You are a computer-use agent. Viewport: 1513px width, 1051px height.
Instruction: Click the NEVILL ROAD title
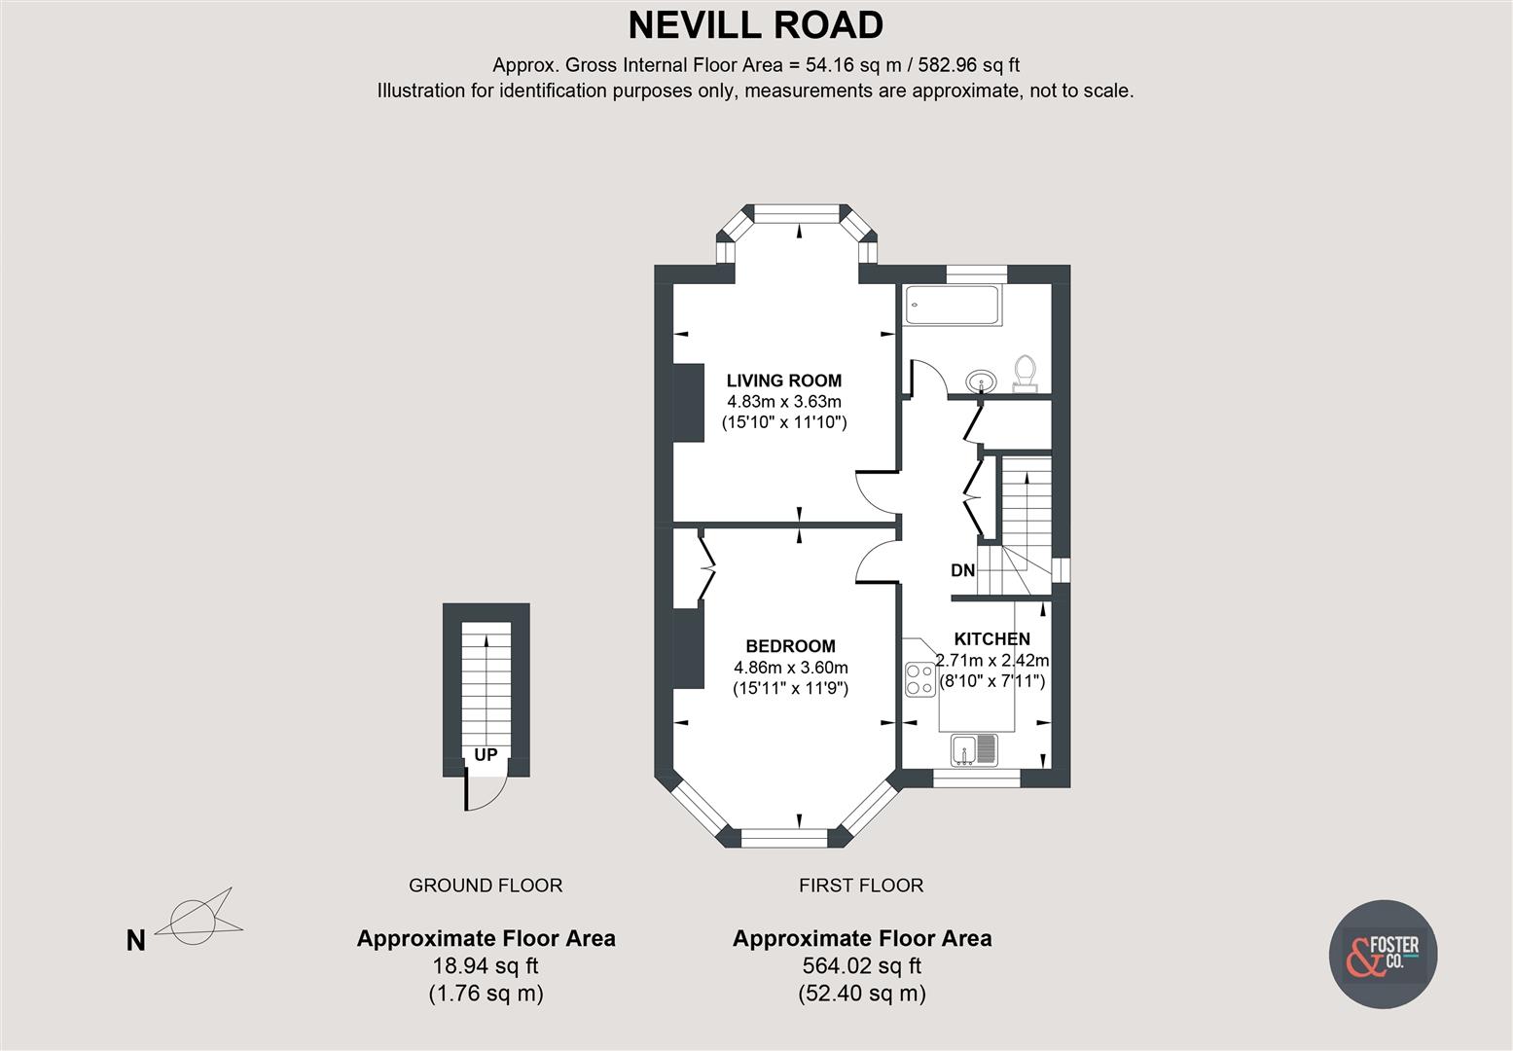click(756, 25)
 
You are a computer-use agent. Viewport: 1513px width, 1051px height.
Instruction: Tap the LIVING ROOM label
click(784, 381)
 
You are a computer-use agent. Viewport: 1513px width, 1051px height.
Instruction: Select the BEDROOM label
click(790, 646)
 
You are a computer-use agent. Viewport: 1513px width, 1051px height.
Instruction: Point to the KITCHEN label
click(992, 639)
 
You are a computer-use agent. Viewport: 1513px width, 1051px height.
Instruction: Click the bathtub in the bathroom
click(953, 306)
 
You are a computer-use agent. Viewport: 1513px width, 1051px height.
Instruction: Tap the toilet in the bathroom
click(1025, 373)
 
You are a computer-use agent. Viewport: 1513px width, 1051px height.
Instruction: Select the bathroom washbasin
click(980, 381)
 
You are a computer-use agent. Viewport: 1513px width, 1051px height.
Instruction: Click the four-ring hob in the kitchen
click(919, 679)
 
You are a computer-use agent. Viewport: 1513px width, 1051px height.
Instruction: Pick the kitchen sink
click(974, 749)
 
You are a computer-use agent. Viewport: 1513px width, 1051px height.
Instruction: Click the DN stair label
click(962, 571)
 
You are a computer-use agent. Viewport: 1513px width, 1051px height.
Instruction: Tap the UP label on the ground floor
click(486, 754)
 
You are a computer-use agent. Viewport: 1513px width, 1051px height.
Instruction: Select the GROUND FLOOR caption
click(486, 886)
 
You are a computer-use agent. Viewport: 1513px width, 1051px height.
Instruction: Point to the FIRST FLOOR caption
click(861, 886)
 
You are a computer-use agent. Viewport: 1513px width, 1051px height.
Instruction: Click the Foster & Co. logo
click(1383, 955)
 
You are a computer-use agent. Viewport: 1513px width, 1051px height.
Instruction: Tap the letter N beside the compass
click(136, 941)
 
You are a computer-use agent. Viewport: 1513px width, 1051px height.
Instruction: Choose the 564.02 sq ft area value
click(862, 966)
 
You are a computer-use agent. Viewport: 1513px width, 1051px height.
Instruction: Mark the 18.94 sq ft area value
click(486, 966)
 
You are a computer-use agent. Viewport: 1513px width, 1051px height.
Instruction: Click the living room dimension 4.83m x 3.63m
click(784, 401)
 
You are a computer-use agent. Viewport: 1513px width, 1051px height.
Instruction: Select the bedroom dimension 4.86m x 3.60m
click(791, 668)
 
